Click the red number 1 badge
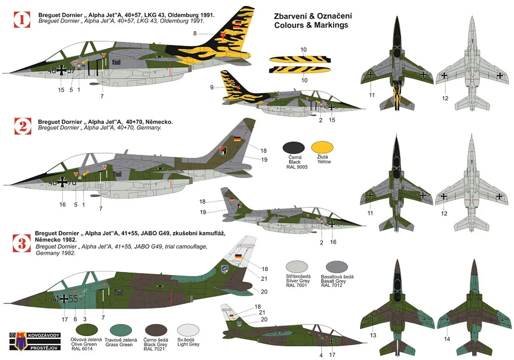click(x=22, y=20)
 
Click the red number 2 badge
click(x=23, y=126)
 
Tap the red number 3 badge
click(x=22, y=243)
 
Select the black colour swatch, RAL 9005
click(x=293, y=148)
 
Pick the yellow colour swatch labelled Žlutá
click(x=322, y=148)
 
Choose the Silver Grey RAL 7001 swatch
click(x=297, y=267)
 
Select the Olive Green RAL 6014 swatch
click(x=86, y=331)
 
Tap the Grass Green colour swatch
click(x=121, y=331)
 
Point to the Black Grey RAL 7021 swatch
click(x=156, y=331)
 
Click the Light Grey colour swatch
click(x=188, y=331)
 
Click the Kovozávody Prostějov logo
click(x=35, y=341)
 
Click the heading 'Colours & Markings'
click(x=311, y=25)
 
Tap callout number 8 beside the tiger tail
click(x=195, y=33)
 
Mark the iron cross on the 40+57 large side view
click(x=62, y=70)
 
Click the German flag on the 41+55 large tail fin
click(x=237, y=257)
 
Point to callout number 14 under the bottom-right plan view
click(x=447, y=339)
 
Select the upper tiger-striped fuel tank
click(x=300, y=59)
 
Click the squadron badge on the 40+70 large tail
click(x=223, y=151)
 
